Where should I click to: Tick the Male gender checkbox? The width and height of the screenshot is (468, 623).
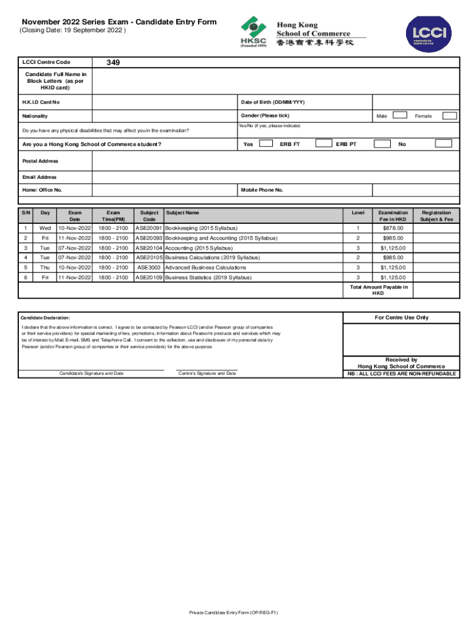pos(399,115)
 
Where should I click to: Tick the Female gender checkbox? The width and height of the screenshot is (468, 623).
pos(449,116)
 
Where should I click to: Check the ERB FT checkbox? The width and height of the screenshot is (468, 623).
pos(324,144)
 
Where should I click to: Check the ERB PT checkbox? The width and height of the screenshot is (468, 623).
pos(382,144)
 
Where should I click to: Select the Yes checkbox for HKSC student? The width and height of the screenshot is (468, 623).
pos(266,144)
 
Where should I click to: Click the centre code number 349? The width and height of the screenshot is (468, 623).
pos(112,62)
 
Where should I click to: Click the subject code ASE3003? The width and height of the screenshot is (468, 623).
pos(149,267)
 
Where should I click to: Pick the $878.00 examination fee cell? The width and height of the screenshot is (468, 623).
pos(393,228)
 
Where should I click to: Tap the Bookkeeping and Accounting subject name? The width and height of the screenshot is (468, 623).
pos(221,238)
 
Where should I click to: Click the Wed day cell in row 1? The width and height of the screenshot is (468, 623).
pos(45,228)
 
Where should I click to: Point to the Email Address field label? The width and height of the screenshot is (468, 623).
pos(39,177)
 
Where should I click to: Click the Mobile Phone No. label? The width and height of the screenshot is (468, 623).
pos(262,190)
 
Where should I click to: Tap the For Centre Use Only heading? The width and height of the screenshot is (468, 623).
pos(401,318)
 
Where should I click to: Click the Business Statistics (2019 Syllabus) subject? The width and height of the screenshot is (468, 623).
pos(208,277)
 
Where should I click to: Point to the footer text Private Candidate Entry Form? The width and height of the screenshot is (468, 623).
pos(234,613)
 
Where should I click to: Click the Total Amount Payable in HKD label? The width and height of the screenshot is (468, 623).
pos(379,290)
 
